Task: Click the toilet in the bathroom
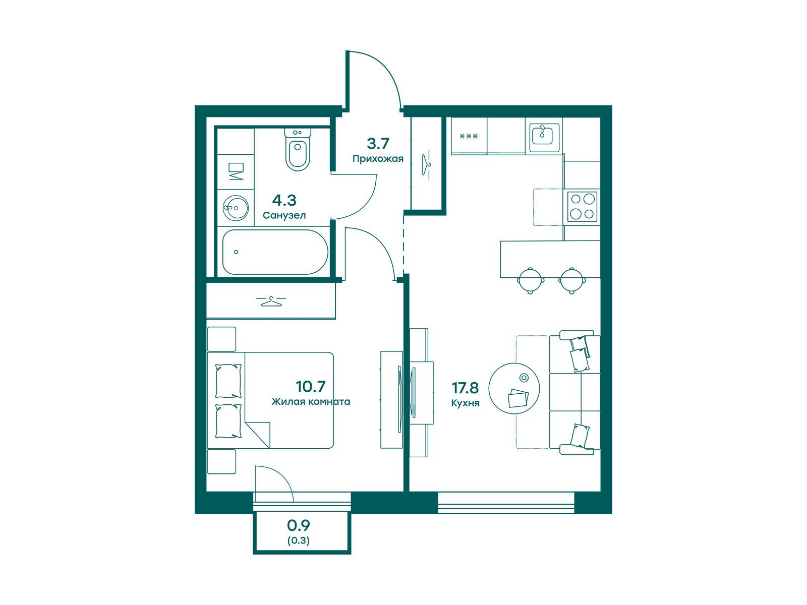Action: click(x=298, y=149)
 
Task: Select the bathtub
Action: click(x=275, y=252)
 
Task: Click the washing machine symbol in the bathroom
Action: click(x=236, y=171)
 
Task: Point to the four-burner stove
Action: click(x=582, y=206)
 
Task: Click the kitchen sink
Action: click(x=544, y=138)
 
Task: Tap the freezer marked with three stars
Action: click(x=469, y=136)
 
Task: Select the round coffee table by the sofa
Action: click(x=514, y=389)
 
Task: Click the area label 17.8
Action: click(x=465, y=387)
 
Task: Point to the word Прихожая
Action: click(x=378, y=159)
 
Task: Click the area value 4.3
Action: click(x=284, y=201)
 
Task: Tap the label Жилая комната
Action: click(x=311, y=401)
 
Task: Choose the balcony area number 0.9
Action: click(x=298, y=526)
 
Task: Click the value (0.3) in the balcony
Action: click(x=298, y=540)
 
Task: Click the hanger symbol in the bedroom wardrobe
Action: click(x=271, y=301)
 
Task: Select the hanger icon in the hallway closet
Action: click(x=426, y=164)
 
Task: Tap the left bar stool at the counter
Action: click(x=530, y=281)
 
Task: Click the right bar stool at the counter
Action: click(x=571, y=281)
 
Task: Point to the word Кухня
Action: click(x=465, y=403)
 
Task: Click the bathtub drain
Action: click(x=236, y=252)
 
